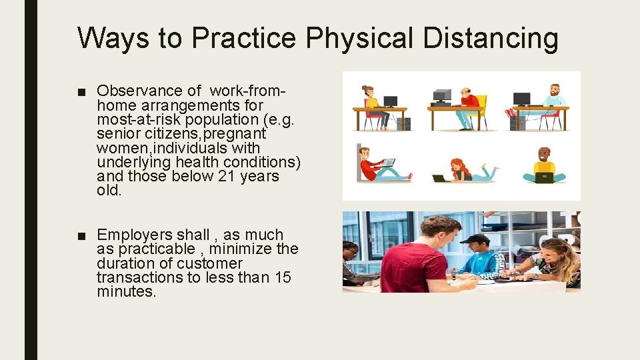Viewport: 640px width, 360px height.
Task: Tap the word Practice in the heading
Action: (x=245, y=38)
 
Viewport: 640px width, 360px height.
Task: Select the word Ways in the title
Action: (x=114, y=38)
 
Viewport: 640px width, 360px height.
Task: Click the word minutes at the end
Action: (x=126, y=291)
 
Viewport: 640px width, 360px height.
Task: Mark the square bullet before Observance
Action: (x=81, y=91)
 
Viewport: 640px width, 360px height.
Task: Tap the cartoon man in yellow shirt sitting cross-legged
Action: (x=545, y=166)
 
